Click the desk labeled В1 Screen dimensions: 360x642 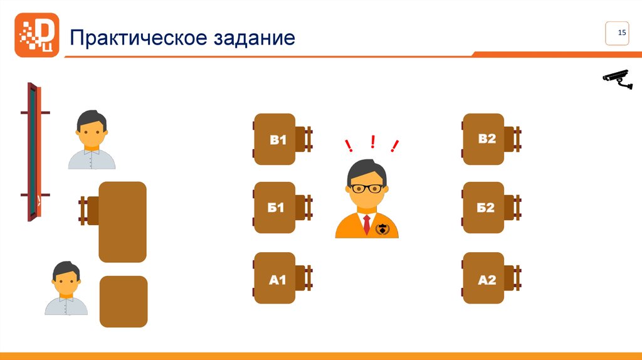275,139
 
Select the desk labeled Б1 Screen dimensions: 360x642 275,208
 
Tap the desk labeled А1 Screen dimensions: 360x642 275,278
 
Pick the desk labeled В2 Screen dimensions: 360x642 483,139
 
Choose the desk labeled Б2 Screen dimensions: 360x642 483,208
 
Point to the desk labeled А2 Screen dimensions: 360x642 483,278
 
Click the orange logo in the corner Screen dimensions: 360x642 36,35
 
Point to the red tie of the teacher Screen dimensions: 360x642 366,225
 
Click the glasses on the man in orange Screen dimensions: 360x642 367,188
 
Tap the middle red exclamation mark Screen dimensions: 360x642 372,142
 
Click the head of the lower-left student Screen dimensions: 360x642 66,278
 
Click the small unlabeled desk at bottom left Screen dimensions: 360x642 124,302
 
